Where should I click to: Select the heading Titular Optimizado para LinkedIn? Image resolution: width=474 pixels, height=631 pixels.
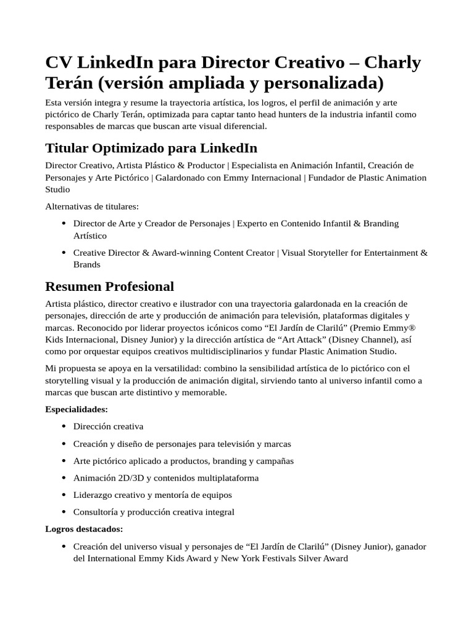pyautogui.click(x=151, y=148)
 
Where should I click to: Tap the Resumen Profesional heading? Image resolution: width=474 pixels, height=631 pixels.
pyautogui.click(x=110, y=287)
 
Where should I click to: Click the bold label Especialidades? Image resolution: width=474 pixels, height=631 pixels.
pyautogui.click(x=77, y=409)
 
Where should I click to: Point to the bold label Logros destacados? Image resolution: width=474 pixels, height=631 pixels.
pyautogui.click(x=84, y=529)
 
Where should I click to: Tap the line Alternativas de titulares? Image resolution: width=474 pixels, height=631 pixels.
pyautogui.click(x=92, y=206)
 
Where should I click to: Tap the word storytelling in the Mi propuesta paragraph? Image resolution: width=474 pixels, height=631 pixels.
pyautogui.click(x=69, y=380)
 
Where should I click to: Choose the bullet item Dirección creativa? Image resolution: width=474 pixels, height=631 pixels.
pyautogui.click(x=108, y=426)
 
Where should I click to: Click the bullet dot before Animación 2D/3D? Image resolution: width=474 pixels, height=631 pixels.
pyautogui.click(x=64, y=478)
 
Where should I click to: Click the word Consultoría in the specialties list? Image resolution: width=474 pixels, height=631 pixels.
pyautogui.click(x=96, y=512)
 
